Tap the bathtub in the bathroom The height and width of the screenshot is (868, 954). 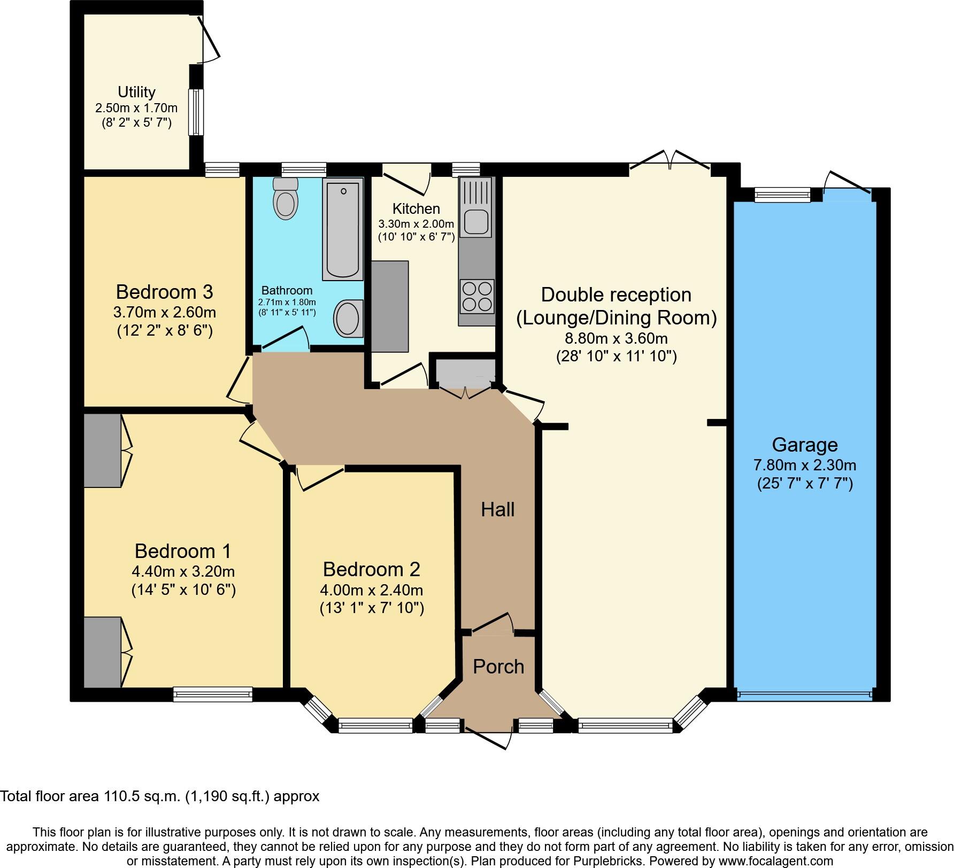(x=343, y=229)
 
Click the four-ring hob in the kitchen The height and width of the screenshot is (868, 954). (x=477, y=297)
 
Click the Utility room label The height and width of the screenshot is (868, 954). (x=136, y=92)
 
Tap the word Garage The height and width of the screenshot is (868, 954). (x=804, y=445)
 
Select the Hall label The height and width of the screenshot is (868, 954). (x=497, y=510)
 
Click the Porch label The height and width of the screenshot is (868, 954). (x=498, y=666)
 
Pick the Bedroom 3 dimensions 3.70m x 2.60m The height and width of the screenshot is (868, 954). (x=165, y=312)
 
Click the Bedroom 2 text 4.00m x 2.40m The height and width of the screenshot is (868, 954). (x=372, y=590)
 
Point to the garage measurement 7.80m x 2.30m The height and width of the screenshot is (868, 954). (x=805, y=465)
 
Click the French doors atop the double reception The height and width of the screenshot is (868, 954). (x=671, y=160)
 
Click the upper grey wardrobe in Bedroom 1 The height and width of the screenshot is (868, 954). (x=102, y=451)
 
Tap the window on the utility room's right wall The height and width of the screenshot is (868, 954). (x=196, y=112)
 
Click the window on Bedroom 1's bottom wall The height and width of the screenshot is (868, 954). (x=213, y=694)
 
